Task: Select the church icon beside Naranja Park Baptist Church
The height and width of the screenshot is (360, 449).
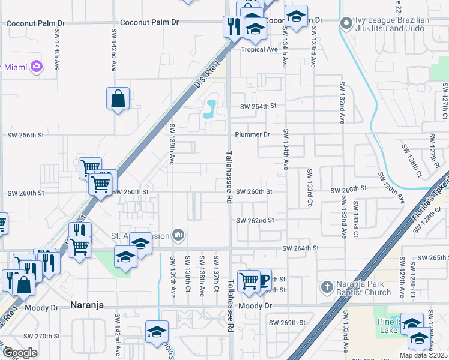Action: (327, 287)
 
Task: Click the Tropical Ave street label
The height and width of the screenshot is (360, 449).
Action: (259, 49)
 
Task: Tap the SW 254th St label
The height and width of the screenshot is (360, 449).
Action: (258, 106)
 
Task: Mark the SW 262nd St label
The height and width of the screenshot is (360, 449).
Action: (255, 220)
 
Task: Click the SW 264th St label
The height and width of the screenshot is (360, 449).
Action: (301, 248)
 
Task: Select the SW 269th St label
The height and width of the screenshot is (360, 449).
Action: (288, 323)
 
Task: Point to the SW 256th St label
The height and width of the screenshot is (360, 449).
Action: (25, 136)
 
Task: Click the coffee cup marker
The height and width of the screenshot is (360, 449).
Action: (262, 279)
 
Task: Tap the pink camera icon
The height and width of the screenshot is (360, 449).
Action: (37, 65)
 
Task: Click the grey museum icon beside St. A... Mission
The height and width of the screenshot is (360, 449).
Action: (178, 235)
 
